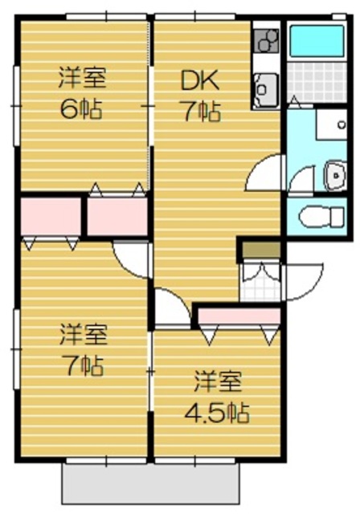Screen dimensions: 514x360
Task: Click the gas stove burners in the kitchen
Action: click(x=265, y=39)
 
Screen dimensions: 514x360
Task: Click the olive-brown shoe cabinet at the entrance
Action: click(x=260, y=250)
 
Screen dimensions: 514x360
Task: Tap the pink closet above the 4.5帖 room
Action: click(x=238, y=314)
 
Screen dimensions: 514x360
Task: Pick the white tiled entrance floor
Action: click(x=260, y=282)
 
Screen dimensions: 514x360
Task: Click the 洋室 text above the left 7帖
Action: click(x=82, y=331)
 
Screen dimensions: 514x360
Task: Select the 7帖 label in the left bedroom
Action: click(x=81, y=365)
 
